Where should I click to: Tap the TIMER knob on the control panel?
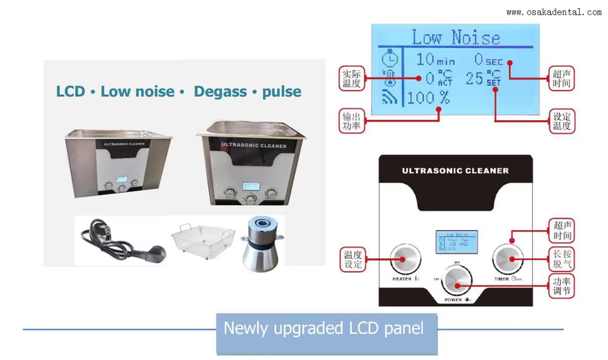pos(507,261)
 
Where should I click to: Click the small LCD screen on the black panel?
pos(454,242)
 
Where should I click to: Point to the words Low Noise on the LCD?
pos(455,37)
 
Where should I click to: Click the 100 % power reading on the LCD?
pos(427,97)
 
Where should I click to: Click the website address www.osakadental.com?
pos(553,12)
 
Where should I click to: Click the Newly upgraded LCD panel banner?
pos(323,329)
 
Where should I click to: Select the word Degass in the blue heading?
pos(224,92)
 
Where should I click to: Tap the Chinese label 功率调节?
pos(562,286)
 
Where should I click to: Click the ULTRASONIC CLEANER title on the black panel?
pos(454,171)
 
